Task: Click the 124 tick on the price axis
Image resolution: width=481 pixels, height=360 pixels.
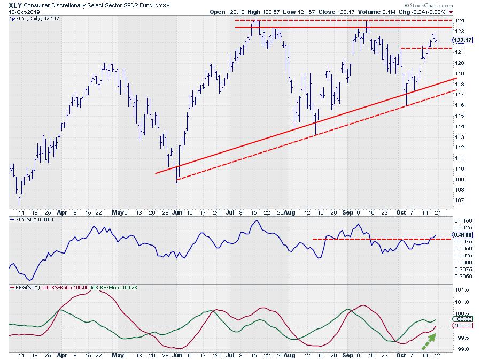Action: pyautogui.click(x=459, y=21)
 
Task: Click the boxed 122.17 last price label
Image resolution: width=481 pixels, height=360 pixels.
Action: pyautogui.click(x=461, y=40)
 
